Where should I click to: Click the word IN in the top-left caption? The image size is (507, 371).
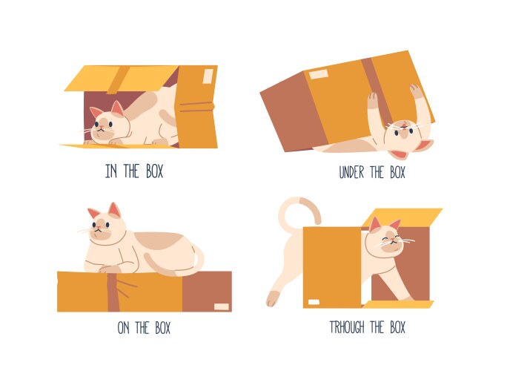112,171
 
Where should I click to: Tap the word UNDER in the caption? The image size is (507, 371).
352,173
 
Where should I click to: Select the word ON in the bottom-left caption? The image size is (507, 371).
124,327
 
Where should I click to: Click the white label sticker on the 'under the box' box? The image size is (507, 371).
318,75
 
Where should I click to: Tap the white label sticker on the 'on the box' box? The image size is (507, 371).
221,306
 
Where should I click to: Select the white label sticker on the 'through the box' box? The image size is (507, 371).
314,302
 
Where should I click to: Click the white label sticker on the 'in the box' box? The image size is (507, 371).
208,76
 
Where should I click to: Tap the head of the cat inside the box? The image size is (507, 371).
106,123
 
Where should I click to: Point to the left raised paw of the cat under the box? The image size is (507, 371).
373,100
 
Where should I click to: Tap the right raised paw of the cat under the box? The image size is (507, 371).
416,92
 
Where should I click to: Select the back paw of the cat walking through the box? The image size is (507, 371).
273,298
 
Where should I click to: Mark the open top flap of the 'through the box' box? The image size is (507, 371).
404,217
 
